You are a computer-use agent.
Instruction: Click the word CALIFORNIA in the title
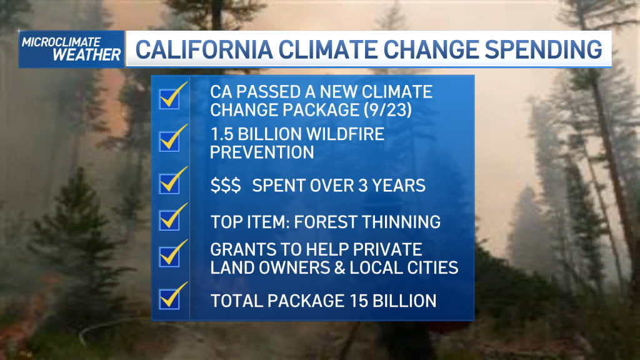(204, 49)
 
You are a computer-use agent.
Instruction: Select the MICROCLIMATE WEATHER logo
(71, 49)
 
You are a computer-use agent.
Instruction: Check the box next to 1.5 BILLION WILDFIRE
(170, 142)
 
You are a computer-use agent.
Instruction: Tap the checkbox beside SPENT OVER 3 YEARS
(170, 184)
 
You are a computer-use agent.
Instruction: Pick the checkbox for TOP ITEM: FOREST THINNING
(170, 221)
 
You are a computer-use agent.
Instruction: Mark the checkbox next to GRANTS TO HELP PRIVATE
(170, 257)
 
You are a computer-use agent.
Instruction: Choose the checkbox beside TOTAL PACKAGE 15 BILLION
(170, 299)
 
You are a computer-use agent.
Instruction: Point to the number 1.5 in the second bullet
(221, 134)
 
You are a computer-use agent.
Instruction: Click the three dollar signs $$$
(226, 185)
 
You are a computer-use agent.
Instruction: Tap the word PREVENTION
(262, 152)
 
